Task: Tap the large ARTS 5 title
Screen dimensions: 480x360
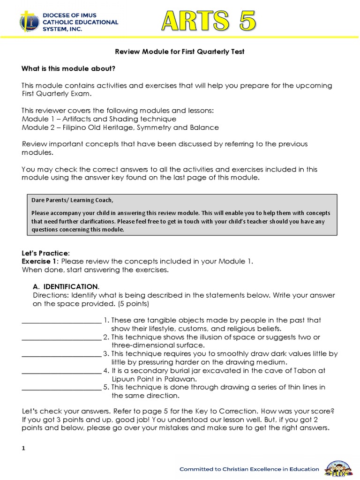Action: tap(209, 21)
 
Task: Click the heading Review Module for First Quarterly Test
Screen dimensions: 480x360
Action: tap(180, 52)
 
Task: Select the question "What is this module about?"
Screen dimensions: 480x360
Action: tap(68, 69)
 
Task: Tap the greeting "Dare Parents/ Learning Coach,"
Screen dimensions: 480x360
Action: tap(72, 200)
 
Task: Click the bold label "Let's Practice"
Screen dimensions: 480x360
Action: tap(45, 253)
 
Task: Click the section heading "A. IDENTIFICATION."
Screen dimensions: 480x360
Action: tap(66, 286)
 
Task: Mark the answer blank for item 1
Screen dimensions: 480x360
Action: tap(61, 322)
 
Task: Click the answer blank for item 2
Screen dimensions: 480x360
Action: tap(61, 339)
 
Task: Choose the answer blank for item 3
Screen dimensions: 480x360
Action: tap(61, 356)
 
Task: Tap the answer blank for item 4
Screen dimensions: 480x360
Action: tap(61, 372)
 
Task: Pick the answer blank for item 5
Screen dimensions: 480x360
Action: tap(61, 389)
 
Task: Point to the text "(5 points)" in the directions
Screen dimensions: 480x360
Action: tap(133, 303)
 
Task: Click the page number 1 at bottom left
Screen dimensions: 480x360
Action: tap(23, 449)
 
